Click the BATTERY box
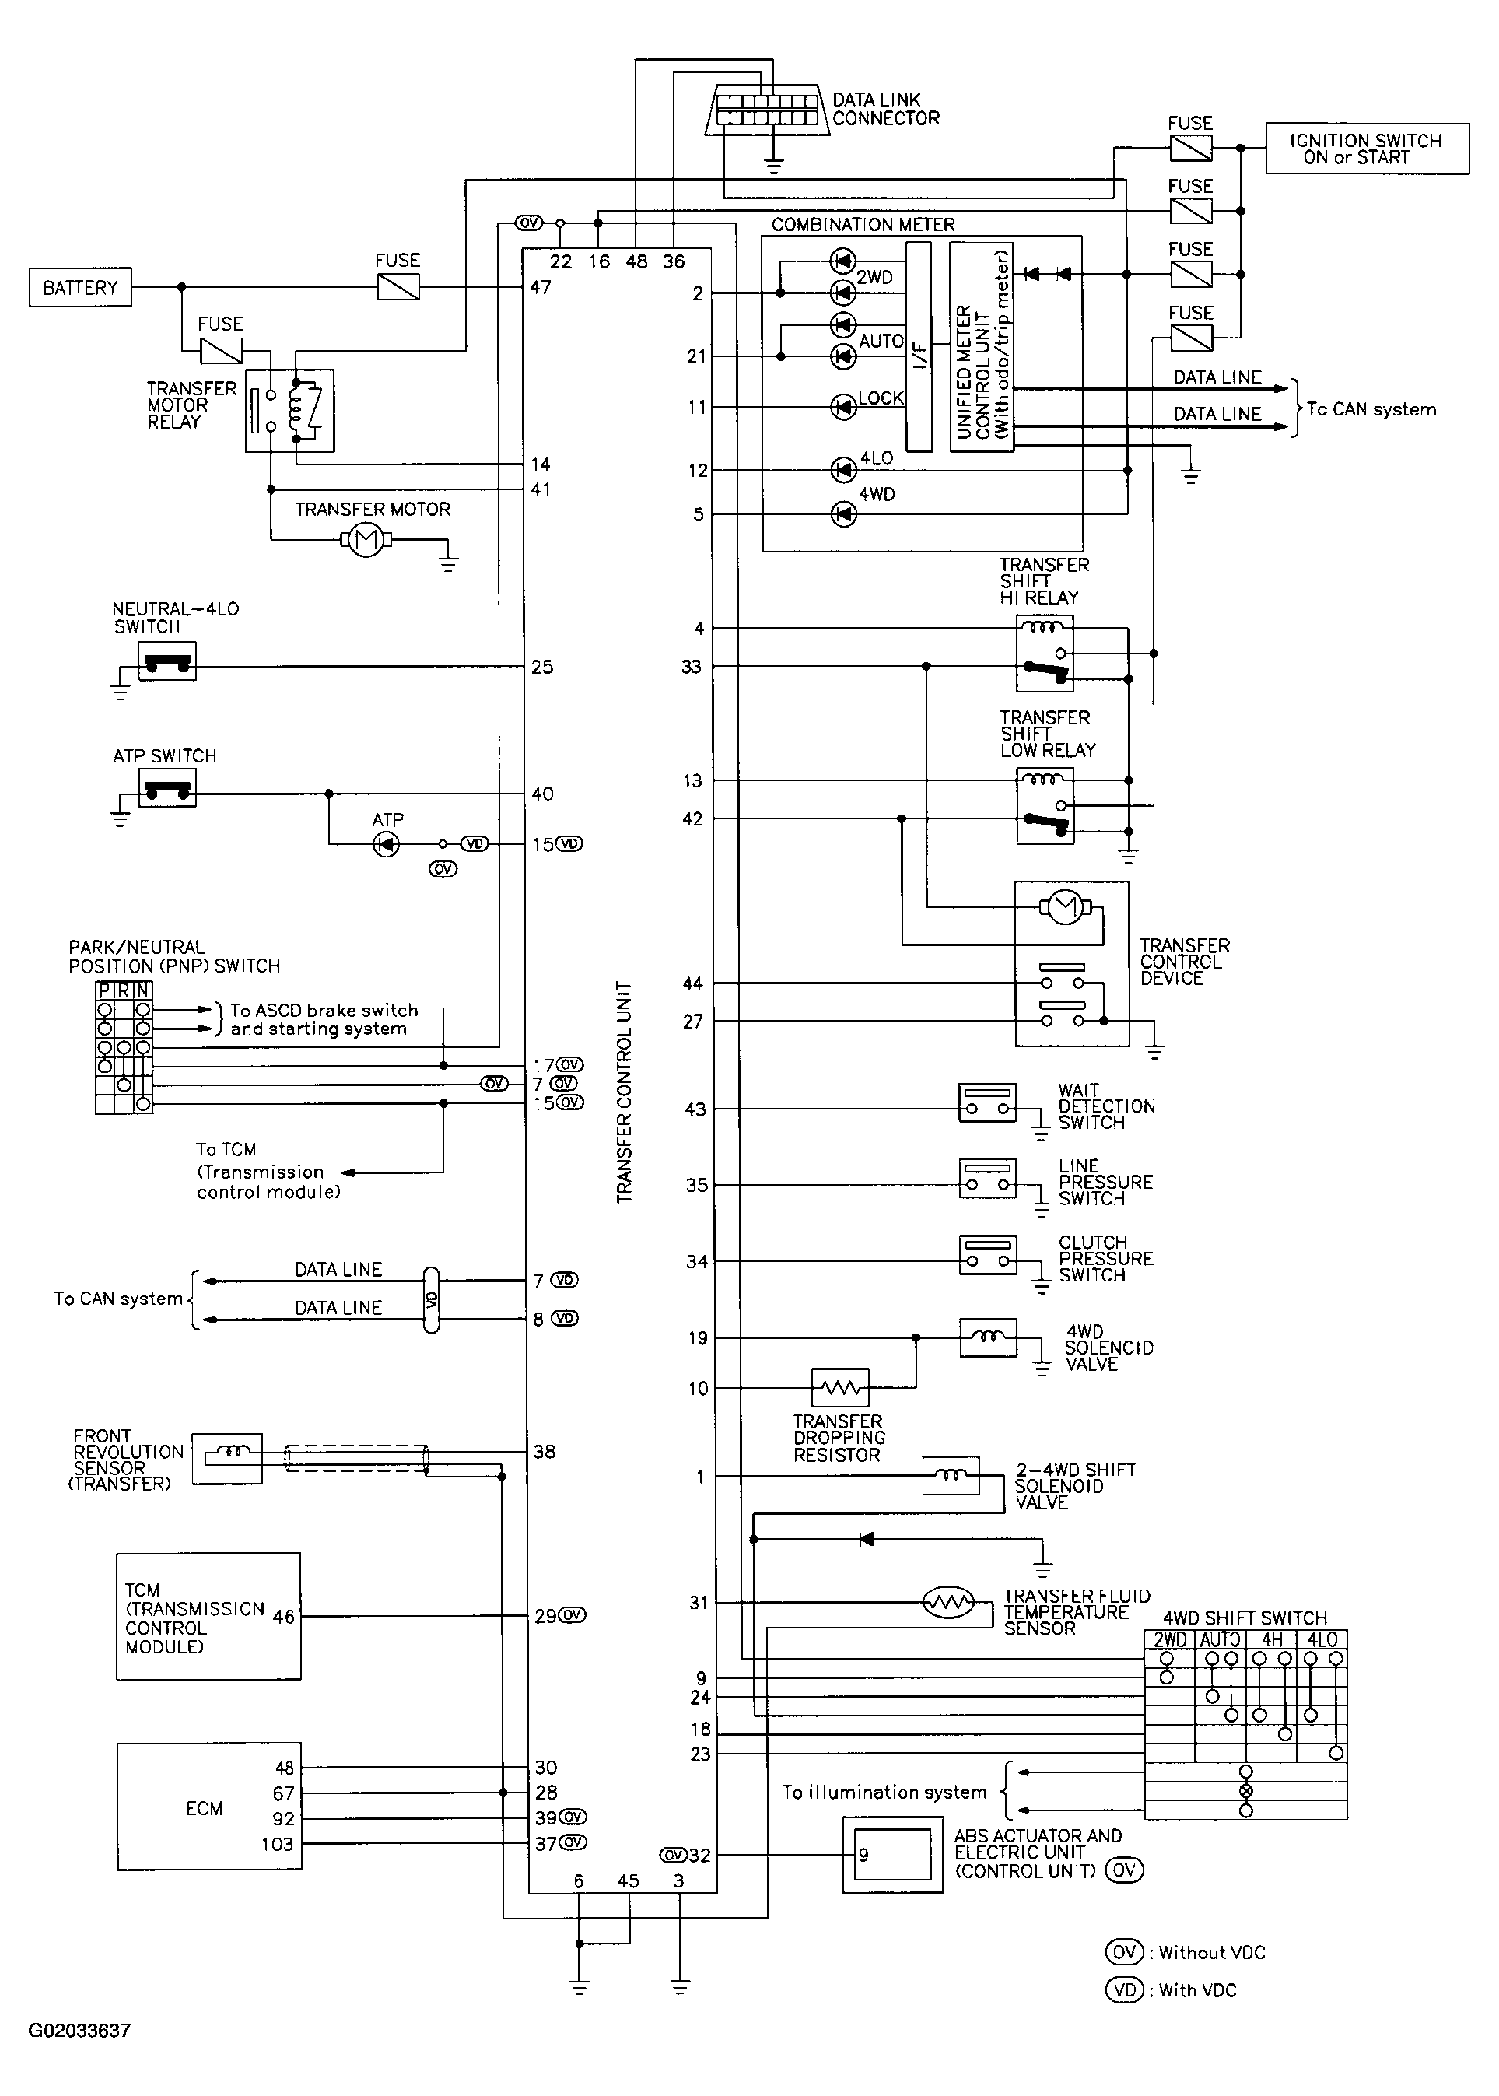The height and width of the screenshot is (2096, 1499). (x=80, y=287)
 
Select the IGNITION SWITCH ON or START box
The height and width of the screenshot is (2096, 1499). (x=1366, y=149)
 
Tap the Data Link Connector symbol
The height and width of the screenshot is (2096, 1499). (x=767, y=110)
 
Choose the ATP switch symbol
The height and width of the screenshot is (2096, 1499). (x=167, y=787)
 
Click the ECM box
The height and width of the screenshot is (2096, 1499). (x=209, y=1807)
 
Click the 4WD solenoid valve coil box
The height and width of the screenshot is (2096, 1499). (x=988, y=1337)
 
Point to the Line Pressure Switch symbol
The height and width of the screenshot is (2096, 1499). (x=988, y=1179)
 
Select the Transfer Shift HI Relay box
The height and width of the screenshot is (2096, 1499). (x=1045, y=654)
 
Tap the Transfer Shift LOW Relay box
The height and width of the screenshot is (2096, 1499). (x=1045, y=807)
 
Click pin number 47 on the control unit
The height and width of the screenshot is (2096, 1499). (x=541, y=287)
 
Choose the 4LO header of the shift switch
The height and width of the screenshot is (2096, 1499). (x=1322, y=1639)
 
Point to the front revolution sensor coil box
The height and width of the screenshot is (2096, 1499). (x=227, y=1458)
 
